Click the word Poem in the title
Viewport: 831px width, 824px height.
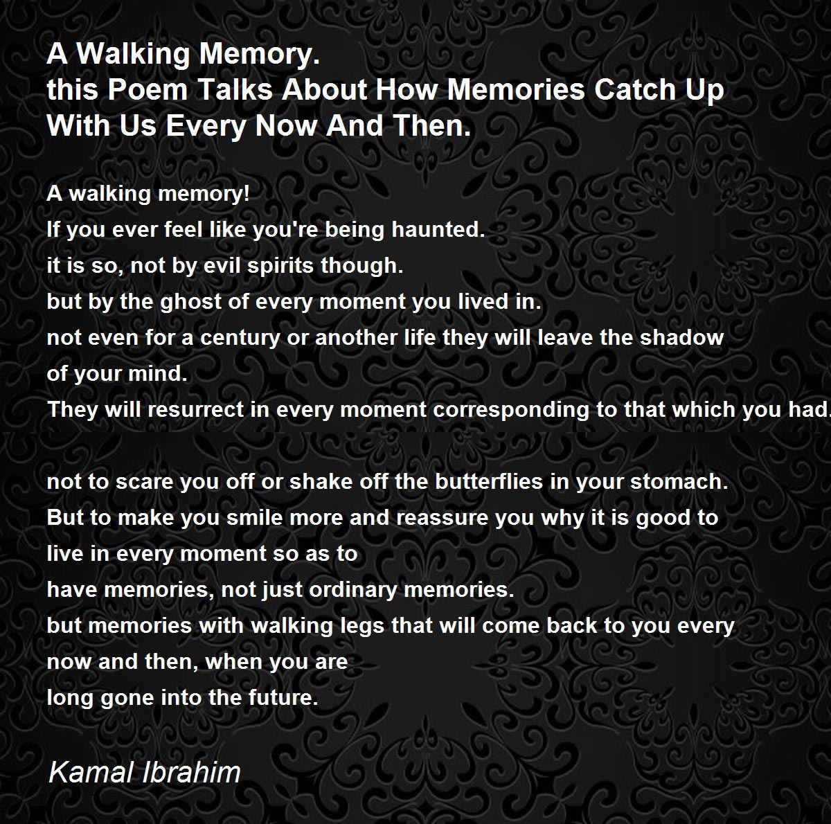coord(148,90)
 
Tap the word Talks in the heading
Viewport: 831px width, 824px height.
coord(235,90)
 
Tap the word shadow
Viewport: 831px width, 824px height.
coord(681,337)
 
